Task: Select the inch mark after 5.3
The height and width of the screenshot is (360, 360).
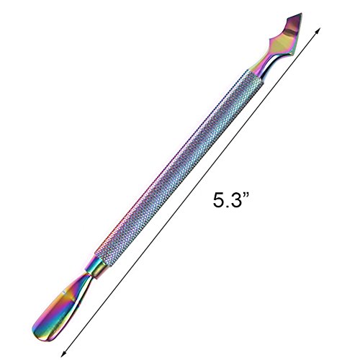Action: [245, 196]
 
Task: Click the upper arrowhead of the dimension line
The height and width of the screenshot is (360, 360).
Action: [319, 30]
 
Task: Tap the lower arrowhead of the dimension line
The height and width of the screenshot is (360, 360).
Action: [63, 354]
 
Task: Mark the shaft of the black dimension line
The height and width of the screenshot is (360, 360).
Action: [191, 192]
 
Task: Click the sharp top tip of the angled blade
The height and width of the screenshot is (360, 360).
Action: [301, 13]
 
